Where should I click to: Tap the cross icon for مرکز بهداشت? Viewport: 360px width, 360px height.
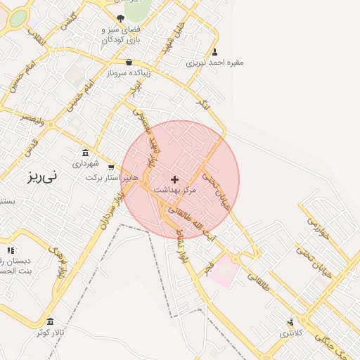tap(175, 180)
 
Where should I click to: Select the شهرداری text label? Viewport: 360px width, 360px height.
tap(86, 163)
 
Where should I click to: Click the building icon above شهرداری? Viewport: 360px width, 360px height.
tap(86, 153)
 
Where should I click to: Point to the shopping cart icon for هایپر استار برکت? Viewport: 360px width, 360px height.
tap(111, 167)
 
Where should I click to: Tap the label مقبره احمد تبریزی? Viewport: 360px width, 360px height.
tap(214, 62)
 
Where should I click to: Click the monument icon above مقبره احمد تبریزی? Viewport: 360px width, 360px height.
tap(214, 51)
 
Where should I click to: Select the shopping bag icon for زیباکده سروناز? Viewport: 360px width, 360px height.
tap(129, 63)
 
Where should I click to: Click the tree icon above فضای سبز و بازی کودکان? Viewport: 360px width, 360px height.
tap(120, 19)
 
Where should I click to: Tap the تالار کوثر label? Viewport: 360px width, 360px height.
tap(51, 332)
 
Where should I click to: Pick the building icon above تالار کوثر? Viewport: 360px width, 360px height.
tap(50, 321)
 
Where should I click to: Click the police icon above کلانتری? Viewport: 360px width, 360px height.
tap(290, 322)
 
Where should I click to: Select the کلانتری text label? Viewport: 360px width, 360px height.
tap(290, 333)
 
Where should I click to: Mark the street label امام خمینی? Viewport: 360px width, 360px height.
tap(79, 97)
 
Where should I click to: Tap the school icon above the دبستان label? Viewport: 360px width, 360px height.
tap(11, 250)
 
